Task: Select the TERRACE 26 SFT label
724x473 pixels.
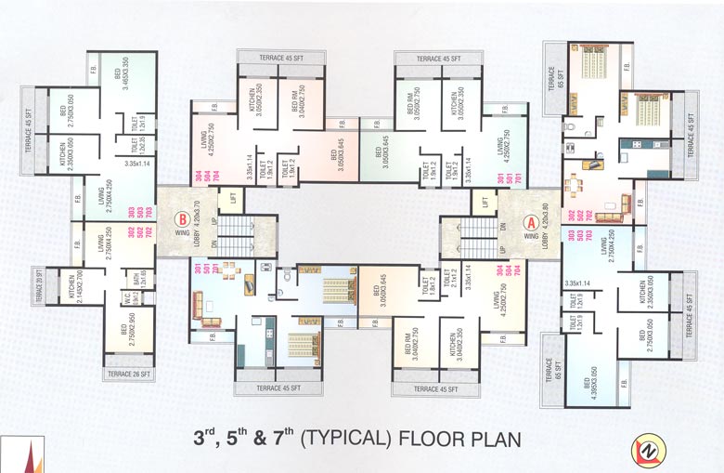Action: [x=130, y=374]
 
